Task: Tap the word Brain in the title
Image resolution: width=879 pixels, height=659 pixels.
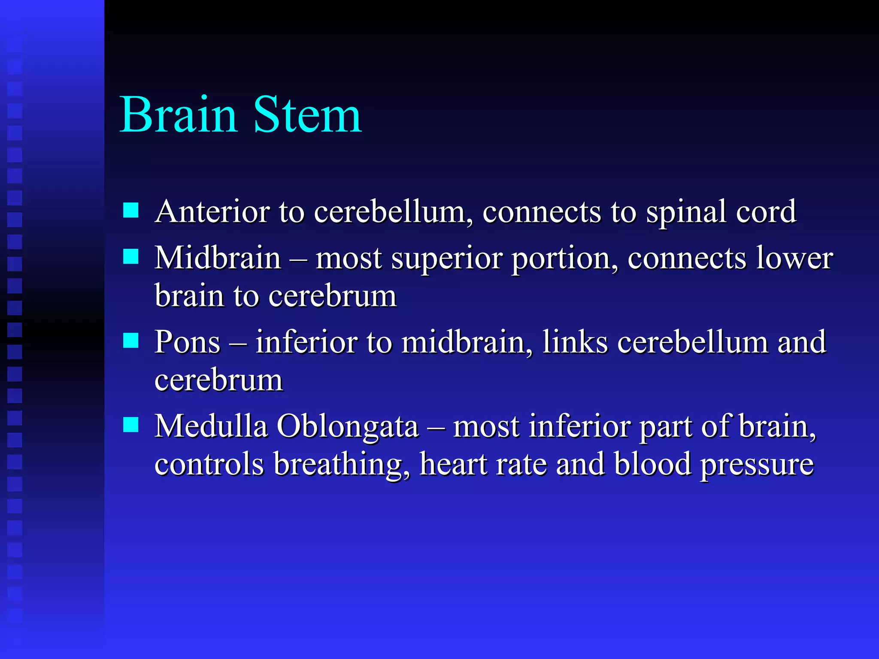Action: (x=178, y=115)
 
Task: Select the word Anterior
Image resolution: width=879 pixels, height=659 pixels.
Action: (x=212, y=212)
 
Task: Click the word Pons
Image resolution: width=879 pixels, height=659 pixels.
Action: (x=188, y=342)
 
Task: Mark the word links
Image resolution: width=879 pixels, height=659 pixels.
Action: (x=575, y=342)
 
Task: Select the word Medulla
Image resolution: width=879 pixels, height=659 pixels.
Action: (x=211, y=426)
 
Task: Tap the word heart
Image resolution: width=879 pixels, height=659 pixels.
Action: (x=453, y=464)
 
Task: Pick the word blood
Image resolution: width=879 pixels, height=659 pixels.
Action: (x=652, y=464)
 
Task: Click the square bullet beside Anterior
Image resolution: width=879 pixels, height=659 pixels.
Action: (x=130, y=211)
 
